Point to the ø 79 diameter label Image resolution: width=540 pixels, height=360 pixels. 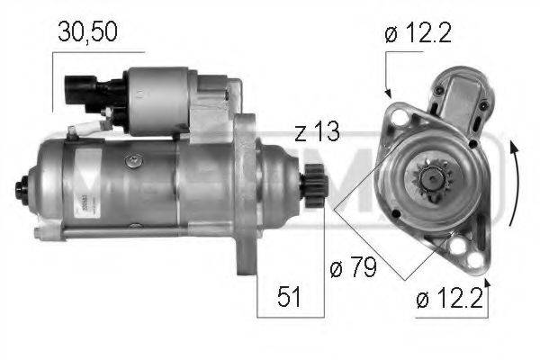(x=352, y=267)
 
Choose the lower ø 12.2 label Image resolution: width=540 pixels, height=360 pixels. (x=450, y=298)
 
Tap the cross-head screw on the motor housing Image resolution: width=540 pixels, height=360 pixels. (x=134, y=161)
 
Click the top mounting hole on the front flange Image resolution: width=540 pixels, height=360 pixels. (x=395, y=114)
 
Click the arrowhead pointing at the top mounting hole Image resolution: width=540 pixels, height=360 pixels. (x=388, y=92)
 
